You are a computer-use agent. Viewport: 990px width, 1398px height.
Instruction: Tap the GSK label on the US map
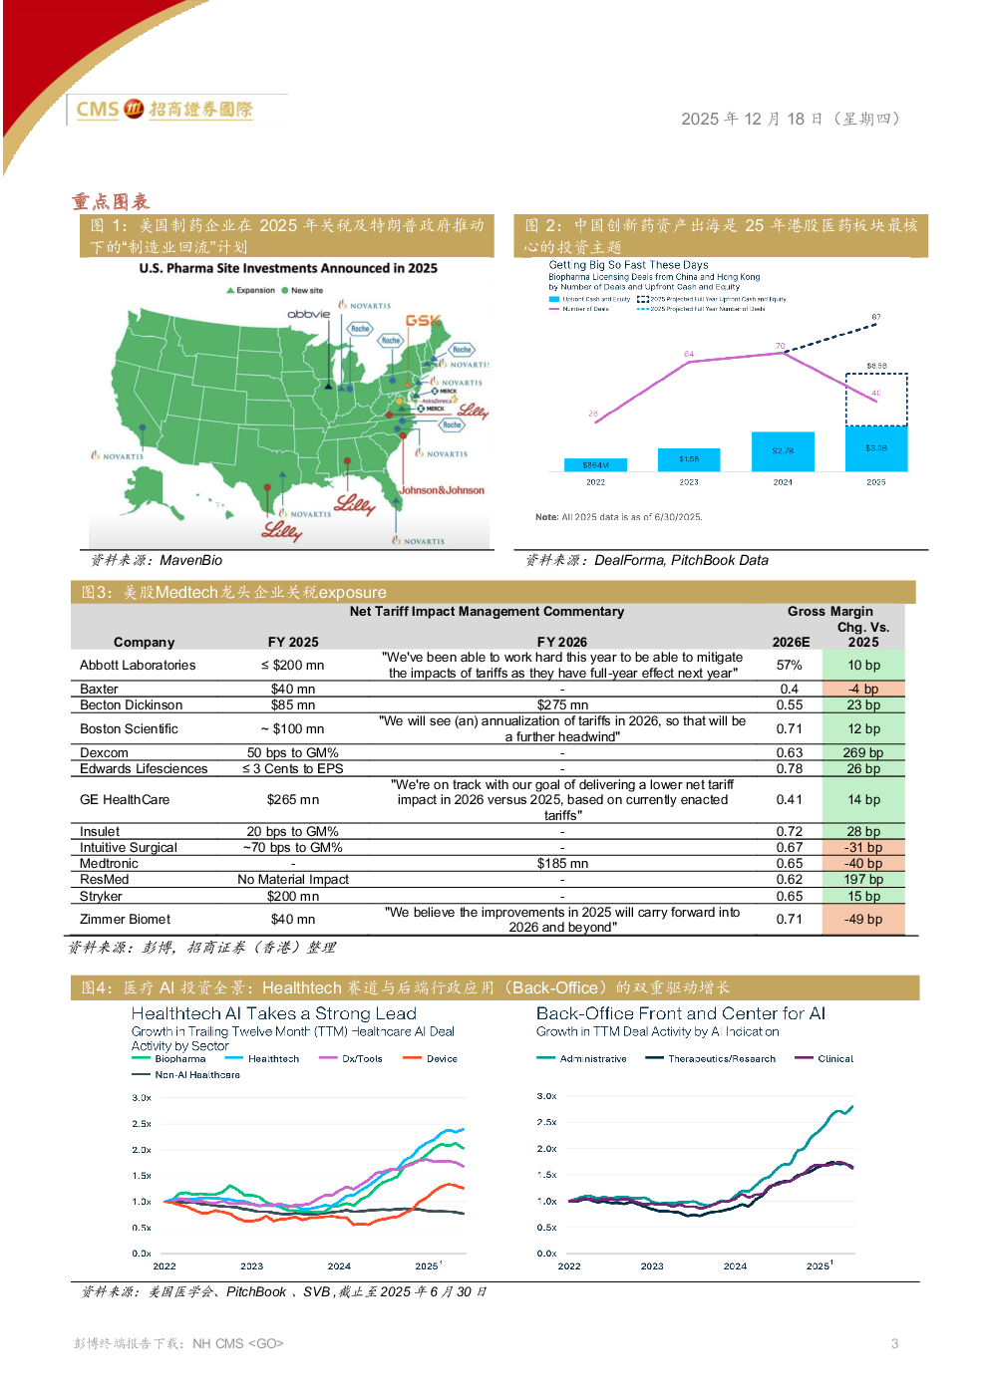point(423,321)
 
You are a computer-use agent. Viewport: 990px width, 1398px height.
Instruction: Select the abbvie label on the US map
point(308,314)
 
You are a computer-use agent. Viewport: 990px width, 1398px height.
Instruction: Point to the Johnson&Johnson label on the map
point(442,490)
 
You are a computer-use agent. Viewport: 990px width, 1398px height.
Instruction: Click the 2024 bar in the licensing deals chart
point(783,451)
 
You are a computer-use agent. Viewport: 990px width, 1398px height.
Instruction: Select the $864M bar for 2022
point(595,464)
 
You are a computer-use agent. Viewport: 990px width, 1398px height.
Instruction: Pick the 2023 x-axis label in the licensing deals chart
point(689,482)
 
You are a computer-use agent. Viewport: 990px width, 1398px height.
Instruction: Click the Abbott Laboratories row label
point(138,666)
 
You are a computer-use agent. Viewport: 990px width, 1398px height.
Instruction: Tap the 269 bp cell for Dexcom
point(862,753)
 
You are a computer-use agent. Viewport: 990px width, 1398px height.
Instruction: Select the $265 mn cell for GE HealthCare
point(293,800)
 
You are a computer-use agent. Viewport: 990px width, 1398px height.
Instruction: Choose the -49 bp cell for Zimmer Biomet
point(862,920)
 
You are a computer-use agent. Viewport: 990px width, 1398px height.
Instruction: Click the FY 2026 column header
point(562,643)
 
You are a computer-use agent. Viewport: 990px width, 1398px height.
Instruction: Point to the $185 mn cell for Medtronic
point(562,864)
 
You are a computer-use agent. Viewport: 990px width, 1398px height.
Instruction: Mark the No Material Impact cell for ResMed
point(293,880)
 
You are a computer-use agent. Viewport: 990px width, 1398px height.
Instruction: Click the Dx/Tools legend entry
point(361,1059)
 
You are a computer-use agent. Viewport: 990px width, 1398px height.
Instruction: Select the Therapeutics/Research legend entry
point(721,1059)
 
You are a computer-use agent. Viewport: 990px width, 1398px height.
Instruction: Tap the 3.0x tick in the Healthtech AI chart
point(142,1098)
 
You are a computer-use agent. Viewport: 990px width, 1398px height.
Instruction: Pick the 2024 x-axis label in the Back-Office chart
point(735,1266)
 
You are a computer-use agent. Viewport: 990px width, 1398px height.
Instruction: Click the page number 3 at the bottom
point(894,1343)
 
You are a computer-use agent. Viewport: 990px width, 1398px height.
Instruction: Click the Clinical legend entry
point(834,1059)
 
